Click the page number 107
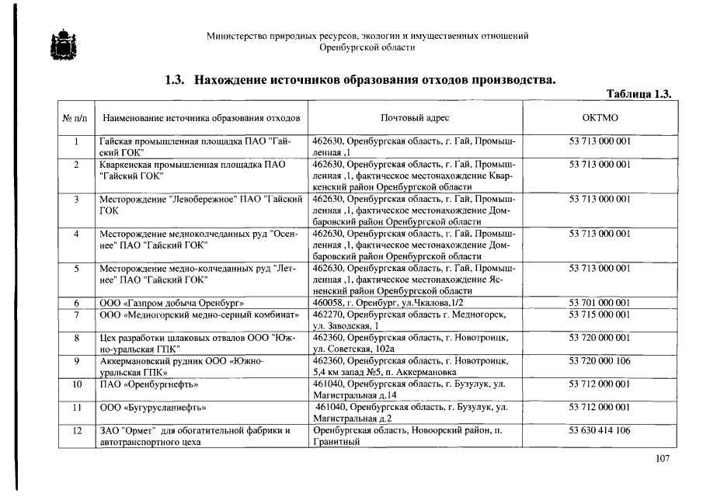click(662, 459)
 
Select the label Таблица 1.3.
click(638, 94)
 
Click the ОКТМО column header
click(600, 118)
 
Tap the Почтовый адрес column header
click(415, 118)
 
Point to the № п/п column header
click(75, 118)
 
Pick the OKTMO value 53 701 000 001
click(600, 302)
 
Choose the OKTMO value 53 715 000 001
click(600, 315)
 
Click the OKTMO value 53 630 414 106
click(600, 430)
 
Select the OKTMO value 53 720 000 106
click(600, 361)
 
